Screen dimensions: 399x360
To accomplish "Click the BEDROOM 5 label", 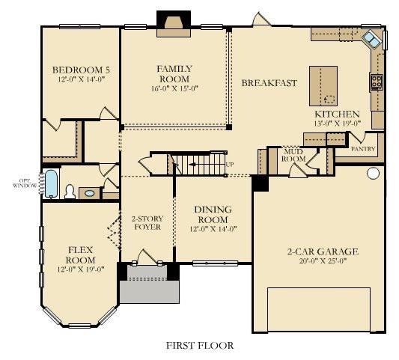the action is pos(81,70).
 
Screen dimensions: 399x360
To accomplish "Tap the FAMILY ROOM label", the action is pos(174,74).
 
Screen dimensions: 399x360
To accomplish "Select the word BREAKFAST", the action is pos(269,83).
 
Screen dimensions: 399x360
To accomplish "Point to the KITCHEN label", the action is pos(337,114).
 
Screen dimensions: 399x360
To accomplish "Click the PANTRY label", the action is pos(363,149).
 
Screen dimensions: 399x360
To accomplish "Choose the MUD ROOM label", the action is pos(293,155).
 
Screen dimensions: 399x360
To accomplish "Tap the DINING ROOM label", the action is pos(213,215).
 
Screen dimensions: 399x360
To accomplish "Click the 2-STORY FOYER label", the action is pos(147,223).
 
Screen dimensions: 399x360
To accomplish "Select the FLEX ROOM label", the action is pos(80,255).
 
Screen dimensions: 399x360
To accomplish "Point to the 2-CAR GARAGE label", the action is pos(323,251).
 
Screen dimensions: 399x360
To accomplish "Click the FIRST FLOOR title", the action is pos(200,346).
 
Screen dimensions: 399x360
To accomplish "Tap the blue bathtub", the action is pos(51,183).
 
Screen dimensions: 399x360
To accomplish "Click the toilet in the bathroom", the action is pos(70,192).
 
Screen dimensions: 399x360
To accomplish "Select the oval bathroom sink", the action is pos(89,193).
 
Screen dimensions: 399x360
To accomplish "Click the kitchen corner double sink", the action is pos(371,40).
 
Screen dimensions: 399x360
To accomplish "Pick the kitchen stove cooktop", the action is pos(376,82).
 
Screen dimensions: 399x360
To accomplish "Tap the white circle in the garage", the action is pos(373,173).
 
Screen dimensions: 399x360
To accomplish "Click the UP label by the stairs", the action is pos(230,165).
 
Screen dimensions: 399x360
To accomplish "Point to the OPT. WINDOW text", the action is pos(25,183).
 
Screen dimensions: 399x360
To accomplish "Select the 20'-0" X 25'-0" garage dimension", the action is pos(323,260).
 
